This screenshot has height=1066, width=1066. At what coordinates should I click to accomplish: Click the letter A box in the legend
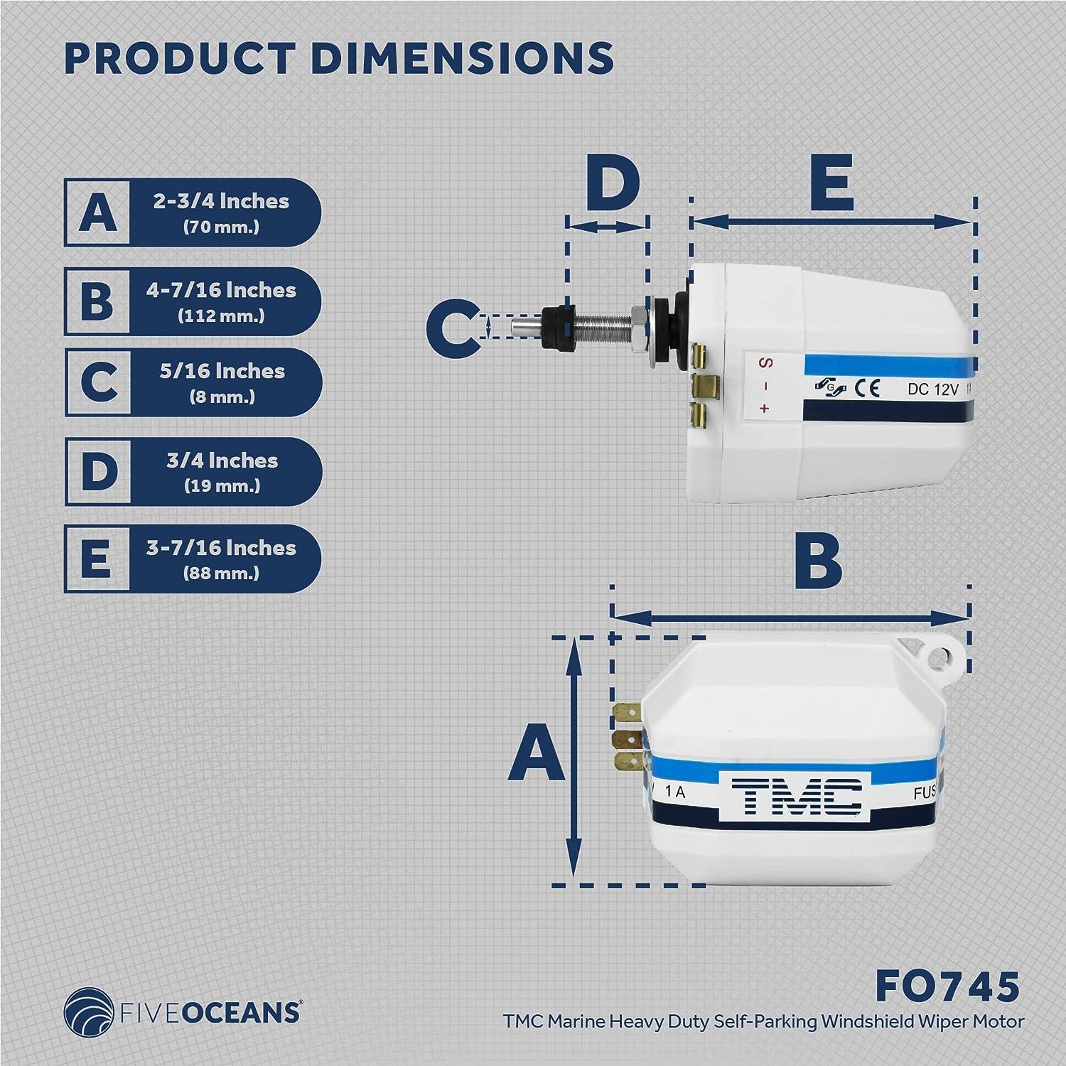click(x=97, y=212)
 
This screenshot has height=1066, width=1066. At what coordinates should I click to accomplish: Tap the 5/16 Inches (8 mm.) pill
click(x=225, y=382)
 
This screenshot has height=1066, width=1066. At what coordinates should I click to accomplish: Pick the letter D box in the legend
click(x=98, y=471)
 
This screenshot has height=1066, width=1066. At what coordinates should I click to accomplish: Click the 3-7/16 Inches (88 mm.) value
click(x=225, y=559)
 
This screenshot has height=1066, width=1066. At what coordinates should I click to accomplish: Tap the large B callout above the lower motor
click(x=817, y=562)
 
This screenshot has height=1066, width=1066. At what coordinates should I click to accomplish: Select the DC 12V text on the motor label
click(x=933, y=389)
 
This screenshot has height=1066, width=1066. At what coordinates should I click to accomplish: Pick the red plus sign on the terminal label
click(x=765, y=408)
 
